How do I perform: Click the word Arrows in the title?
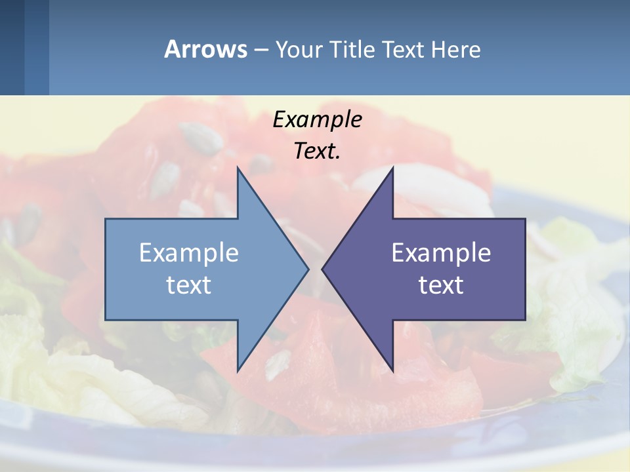[x=205, y=49]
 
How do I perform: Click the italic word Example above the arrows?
[x=317, y=120]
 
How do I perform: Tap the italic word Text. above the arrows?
[x=317, y=151]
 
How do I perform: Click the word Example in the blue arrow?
[x=188, y=253]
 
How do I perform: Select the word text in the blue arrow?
[x=188, y=285]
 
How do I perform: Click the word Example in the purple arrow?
[x=441, y=253]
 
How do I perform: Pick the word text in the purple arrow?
[x=441, y=285]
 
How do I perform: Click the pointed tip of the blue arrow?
[x=307, y=269]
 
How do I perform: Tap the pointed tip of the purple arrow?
[x=324, y=269]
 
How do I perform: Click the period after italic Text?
[x=338, y=157]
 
